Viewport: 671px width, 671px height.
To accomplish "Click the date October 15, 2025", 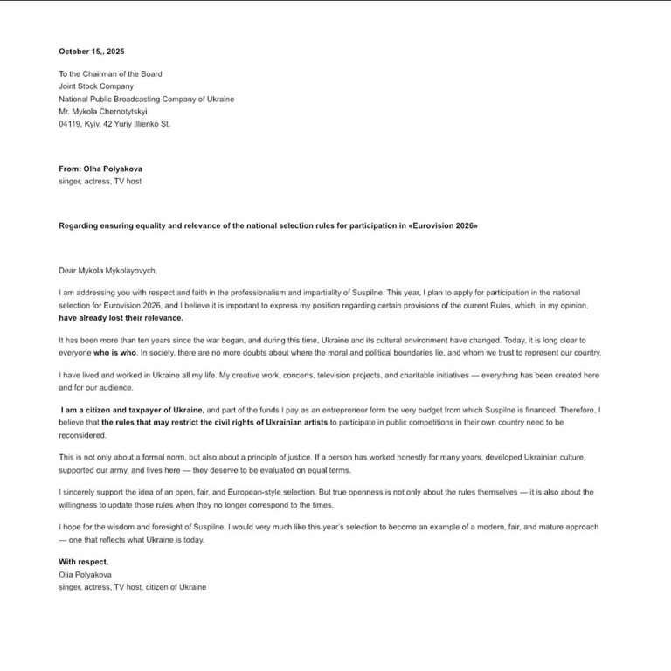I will tap(91, 52).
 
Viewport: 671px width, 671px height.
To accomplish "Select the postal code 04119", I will tap(71, 124).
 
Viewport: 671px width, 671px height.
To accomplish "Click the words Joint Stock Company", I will tap(96, 86).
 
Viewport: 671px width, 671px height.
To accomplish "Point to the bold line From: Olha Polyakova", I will tap(100, 169).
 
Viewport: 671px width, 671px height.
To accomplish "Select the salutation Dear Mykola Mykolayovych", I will tap(107, 271).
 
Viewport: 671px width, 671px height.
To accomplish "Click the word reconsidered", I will tap(81, 434).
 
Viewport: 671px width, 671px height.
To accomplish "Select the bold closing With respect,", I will tap(84, 562).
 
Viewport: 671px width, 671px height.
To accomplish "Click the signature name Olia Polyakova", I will tap(85, 575).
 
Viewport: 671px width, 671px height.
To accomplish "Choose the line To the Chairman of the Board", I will tap(110, 74).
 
